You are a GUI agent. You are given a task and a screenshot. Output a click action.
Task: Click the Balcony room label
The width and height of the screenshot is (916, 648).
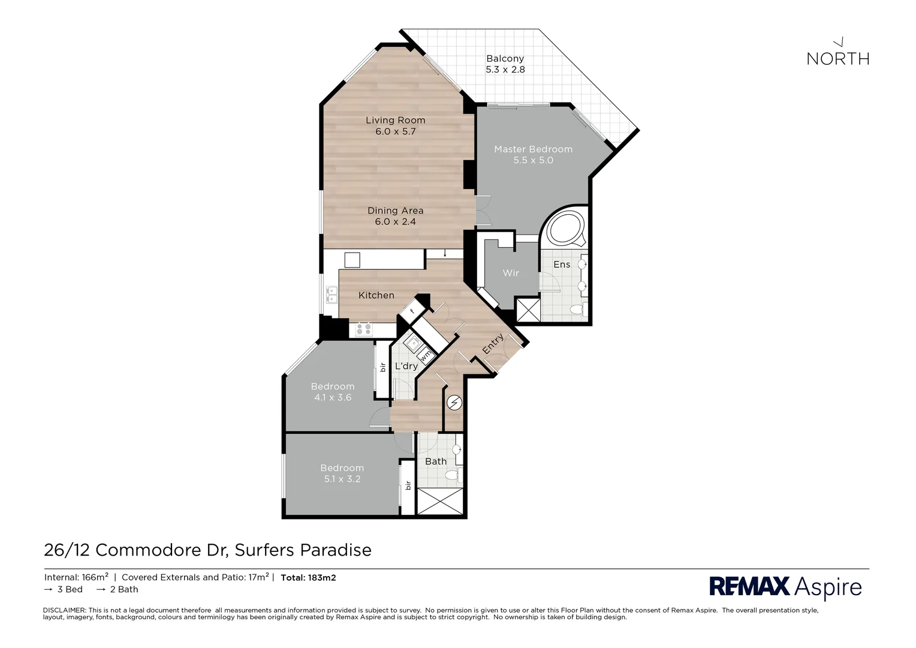click(505, 59)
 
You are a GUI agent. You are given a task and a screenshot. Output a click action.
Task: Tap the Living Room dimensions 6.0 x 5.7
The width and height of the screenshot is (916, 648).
click(395, 131)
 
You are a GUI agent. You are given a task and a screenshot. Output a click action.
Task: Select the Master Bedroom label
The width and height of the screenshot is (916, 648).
click(533, 149)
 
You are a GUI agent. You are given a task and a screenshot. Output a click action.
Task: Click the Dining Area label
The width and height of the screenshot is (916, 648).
click(395, 211)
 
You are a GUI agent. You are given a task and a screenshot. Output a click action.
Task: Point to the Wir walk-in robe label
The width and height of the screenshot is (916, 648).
click(510, 273)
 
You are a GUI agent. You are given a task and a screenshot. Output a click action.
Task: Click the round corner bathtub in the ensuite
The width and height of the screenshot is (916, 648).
click(564, 228)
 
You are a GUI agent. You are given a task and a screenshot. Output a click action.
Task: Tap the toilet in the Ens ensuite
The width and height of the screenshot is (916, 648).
click(577, 310)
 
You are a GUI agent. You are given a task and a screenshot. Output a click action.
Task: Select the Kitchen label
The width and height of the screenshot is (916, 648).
click(376, 295)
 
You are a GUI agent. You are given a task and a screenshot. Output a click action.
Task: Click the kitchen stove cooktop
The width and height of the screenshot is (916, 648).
click(363, 329)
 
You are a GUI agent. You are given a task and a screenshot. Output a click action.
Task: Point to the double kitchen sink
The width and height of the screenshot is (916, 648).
click(331, 294)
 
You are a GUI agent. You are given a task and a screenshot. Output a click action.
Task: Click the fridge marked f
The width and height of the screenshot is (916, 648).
click(412, 311)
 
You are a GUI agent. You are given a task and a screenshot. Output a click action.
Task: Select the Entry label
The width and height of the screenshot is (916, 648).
click(493, 344)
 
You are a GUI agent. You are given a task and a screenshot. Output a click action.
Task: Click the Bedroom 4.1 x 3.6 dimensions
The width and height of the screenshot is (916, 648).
click(333, 397)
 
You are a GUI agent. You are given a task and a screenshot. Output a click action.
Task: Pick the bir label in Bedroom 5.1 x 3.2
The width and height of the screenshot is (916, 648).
click(408, 485)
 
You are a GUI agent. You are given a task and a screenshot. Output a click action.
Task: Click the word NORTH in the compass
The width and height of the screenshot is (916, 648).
click(837, 59)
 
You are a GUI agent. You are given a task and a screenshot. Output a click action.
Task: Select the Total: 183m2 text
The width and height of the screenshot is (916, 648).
click(308, 578)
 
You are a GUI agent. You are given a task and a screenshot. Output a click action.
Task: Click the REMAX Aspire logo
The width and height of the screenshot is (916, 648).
click(785, 586)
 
